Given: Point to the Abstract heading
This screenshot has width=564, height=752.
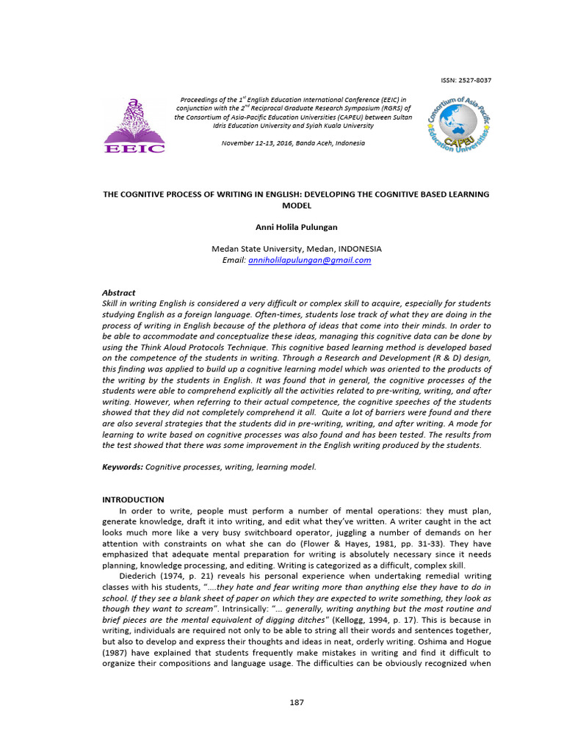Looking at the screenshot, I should coord(119,293).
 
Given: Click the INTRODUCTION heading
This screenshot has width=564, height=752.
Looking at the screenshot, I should coord(133,499).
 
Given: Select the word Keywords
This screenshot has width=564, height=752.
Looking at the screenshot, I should coord(122,467).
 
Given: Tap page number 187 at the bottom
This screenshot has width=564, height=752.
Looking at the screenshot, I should coord(297,702).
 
